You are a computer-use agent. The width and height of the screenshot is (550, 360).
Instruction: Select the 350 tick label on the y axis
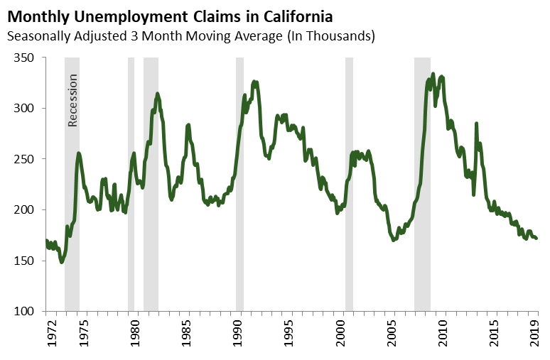(26, 58)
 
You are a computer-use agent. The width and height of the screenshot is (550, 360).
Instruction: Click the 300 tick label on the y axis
(26, 109)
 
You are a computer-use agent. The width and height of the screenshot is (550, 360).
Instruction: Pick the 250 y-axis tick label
(26, 159)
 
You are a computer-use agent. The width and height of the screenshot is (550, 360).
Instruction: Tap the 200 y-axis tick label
(26, 210)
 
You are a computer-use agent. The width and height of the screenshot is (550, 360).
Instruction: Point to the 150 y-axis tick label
(26, 261)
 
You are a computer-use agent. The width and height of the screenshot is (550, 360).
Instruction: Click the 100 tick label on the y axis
(26, 312)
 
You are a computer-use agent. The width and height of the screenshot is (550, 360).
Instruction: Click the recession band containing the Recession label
(72, 213)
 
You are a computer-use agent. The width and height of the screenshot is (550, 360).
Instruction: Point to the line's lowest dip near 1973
(62, 262)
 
